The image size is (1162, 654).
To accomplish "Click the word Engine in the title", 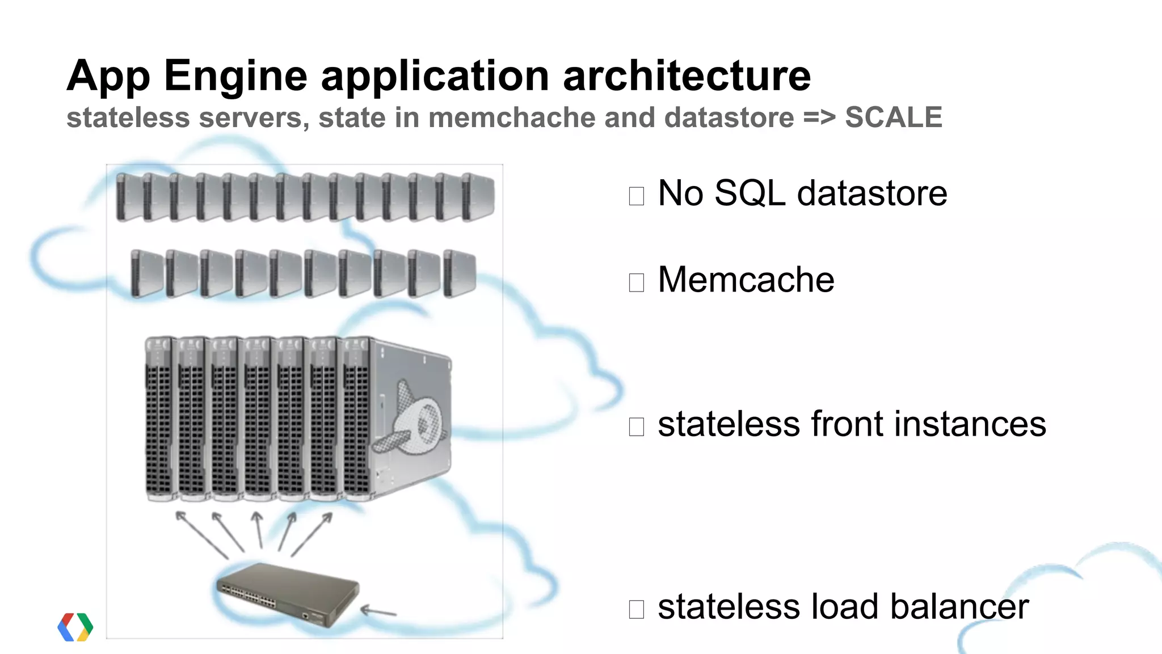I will (x=235, y=75).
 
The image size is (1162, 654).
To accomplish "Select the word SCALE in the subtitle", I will (x=893, y=117).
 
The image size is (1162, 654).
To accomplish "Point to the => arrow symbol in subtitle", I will (x=819, y=118).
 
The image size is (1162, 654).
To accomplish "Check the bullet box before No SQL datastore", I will (x=636, y=196).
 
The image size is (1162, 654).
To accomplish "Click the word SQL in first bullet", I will (x=750, y=193).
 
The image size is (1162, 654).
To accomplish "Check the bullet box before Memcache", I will (x=636, y=282).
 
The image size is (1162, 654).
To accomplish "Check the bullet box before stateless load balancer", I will (x=636, y=609).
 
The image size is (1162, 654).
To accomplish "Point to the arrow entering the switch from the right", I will (x=378, y=611).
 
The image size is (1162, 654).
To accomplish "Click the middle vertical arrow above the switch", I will (x=258, y=529).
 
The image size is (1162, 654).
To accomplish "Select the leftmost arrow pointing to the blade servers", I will (x=201, y=534).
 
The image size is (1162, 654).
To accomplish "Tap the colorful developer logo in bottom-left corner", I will (x=75, y=627).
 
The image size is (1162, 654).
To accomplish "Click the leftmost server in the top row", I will (x=129, y=197).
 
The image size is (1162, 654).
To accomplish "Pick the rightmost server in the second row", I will (x=459, y=273).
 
